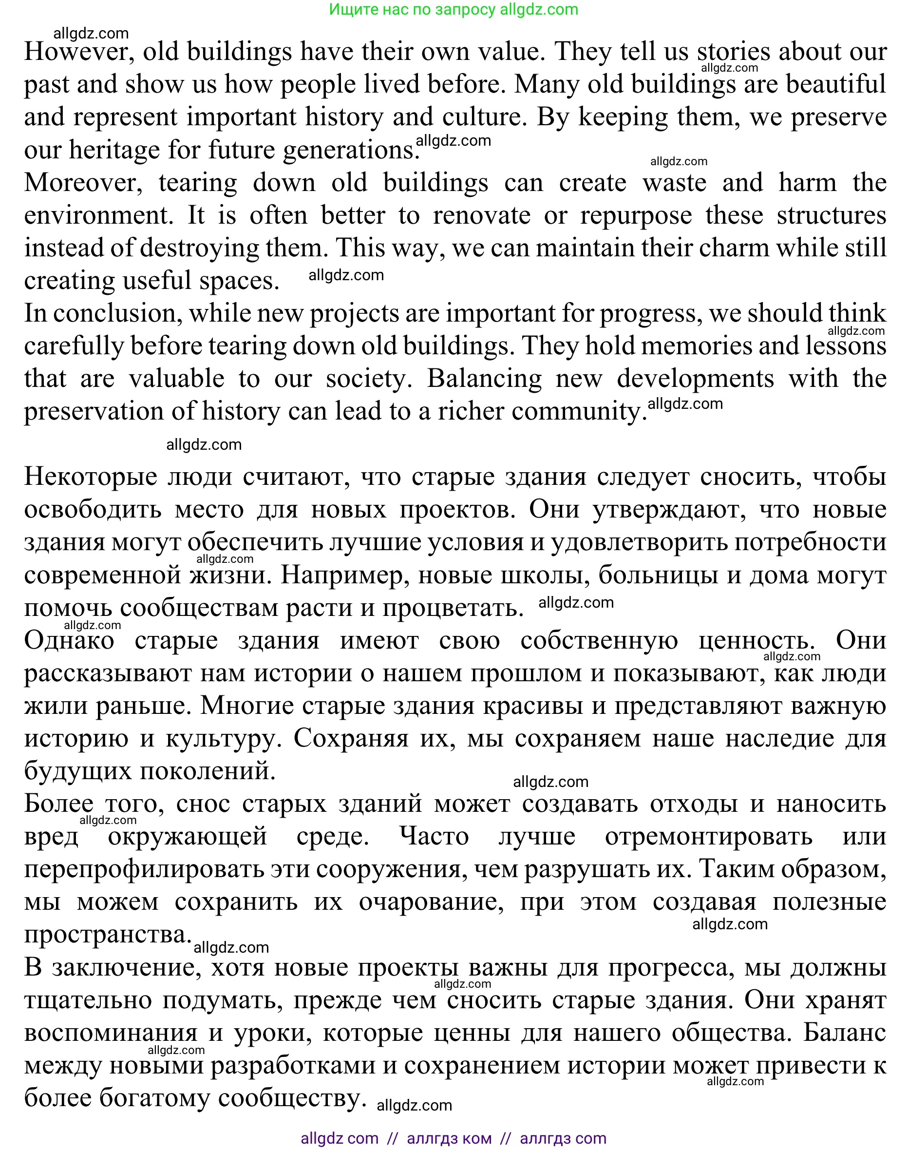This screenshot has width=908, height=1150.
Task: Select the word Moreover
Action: (83, 183)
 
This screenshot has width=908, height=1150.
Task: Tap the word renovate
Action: (481, 216)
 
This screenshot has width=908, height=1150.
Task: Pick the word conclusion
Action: (114, 314)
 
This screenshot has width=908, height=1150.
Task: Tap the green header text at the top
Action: (453, 10)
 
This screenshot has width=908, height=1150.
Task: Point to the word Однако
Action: (69, 641)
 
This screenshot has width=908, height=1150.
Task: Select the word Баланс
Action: (844, 1033)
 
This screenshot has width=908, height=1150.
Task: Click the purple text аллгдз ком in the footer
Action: (449, 1138)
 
